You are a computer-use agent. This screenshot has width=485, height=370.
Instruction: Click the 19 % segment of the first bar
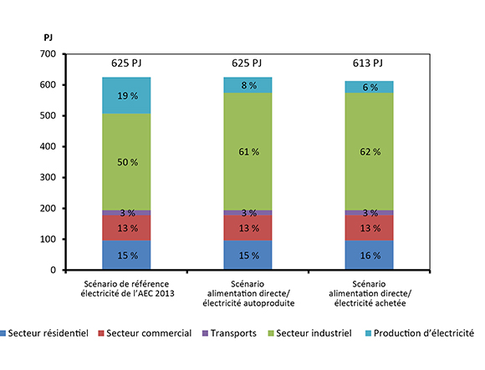point(127,95)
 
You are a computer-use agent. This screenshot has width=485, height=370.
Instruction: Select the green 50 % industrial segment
point(127,161)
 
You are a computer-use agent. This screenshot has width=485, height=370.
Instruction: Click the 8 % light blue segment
point(249,85)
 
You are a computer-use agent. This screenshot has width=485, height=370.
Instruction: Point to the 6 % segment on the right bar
point(370,87)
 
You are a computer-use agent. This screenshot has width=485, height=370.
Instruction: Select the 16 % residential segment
point(370,256)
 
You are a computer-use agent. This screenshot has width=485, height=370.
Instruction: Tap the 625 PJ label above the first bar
point(127,63)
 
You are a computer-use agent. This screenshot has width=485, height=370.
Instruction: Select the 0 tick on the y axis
point(52,271)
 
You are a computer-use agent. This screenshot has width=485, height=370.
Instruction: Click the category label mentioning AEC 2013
point(127,288)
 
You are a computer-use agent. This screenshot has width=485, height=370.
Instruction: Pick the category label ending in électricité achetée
point(370,293)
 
